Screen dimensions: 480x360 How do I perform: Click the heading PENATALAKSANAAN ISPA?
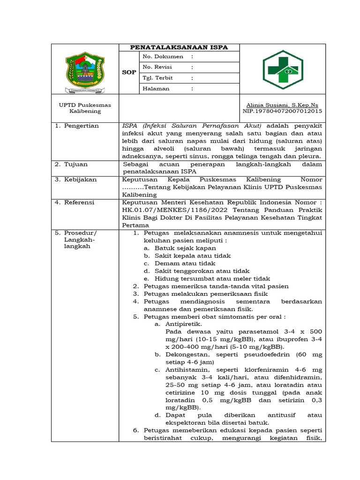(179, 47)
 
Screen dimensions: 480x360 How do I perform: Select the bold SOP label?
(128, 73)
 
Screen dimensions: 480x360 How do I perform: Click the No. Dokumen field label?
(163, 56)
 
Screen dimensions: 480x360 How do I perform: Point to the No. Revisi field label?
(157, 67)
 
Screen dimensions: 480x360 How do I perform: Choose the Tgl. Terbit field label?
(158, 78)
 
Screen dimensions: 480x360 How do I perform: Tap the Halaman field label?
(156, 89)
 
